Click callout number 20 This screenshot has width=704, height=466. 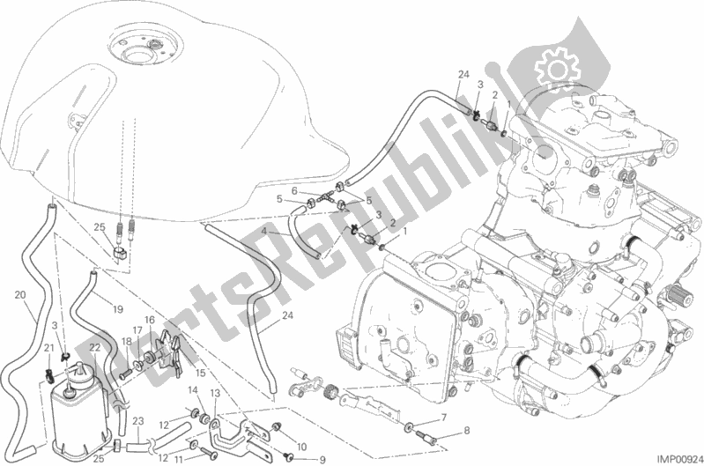point(19,295)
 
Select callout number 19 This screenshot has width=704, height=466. point(118,309)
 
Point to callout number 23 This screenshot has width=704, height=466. point(137,421)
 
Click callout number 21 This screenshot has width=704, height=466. point(49,346)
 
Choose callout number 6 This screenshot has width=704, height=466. point(294,191)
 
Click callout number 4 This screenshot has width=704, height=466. point(264,230)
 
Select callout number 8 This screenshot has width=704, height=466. point(466,431)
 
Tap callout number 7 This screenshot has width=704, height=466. point(443,418)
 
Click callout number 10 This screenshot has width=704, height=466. point(301,447)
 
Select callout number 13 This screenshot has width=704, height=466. point(216,393)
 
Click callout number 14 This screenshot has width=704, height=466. point(193,389)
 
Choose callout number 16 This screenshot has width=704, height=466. point(150,320)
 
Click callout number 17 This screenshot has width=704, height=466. point(137,330)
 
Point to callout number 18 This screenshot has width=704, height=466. point(127,341)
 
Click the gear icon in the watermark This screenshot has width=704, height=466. point(557,69)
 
